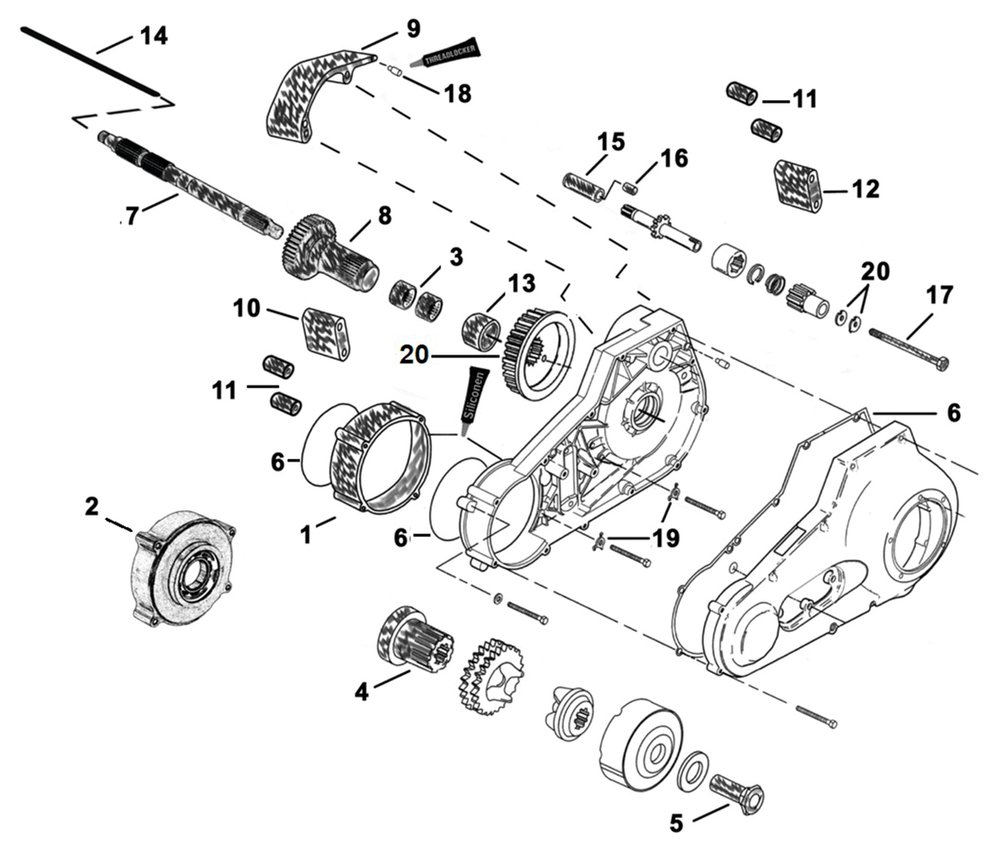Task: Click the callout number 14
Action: tap(153, 36)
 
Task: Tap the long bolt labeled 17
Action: tap(906, 346)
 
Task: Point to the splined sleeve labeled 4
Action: tap(413, 636)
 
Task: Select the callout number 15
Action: tap(610, 141)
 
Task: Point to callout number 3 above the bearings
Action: tap(455, 257)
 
